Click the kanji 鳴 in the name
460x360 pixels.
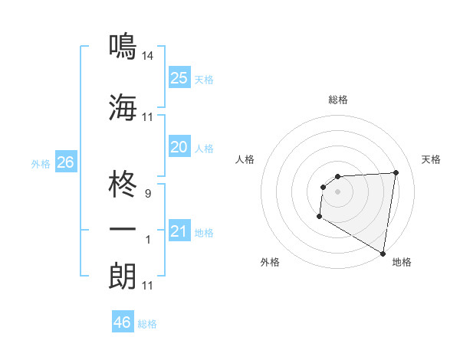(123, 47)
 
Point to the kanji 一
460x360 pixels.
(123, 229)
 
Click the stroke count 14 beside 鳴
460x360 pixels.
(148, 56)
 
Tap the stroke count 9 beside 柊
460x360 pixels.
(148, 194)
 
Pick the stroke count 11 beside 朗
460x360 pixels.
(148, 286)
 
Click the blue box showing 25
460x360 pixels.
(179, 77)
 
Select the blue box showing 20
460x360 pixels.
(179, 147)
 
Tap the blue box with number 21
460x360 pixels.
(179, 231)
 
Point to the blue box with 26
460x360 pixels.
(65, 162)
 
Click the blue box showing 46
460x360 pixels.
(123, 322)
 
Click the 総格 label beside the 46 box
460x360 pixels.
(148, 324)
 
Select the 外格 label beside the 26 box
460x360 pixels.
(41, 164)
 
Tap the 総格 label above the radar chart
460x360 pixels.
(338, 100)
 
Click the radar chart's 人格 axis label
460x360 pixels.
(245, 159)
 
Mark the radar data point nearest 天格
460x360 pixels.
(396, 172)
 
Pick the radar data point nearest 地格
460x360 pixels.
(383, 253)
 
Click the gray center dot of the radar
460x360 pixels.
(337, 191)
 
